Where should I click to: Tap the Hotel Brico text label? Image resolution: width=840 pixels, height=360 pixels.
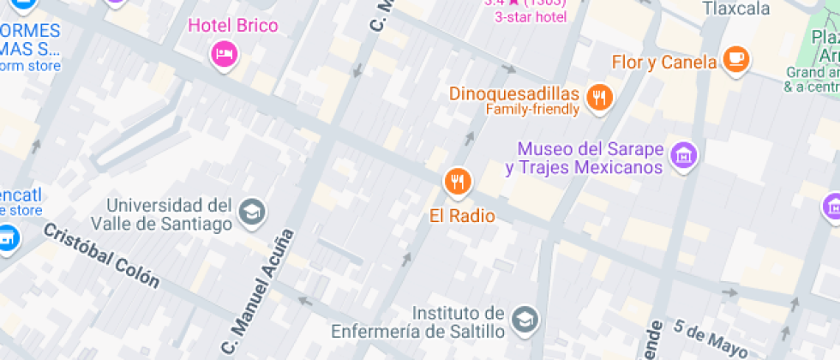pos(232,26)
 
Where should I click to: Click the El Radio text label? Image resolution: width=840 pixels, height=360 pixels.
pos(462,216)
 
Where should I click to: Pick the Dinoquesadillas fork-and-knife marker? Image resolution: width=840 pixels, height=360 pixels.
pos(599,97)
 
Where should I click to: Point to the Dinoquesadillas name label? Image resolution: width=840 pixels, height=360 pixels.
pos(515,93)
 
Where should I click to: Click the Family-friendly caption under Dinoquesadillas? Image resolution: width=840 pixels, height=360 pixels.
pos(532,110)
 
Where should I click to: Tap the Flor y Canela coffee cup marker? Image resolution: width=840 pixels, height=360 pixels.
pos(735,59)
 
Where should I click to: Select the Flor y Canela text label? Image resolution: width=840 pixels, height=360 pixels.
pos(663,62)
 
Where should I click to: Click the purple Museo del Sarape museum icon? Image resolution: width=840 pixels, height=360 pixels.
pos(684,155)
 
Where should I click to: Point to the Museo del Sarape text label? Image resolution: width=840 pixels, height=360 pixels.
pos(585,158)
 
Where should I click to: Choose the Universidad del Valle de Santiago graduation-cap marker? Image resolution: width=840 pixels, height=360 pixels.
pos(252,211)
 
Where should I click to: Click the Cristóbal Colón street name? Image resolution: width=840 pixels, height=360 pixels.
pos(101,255)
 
